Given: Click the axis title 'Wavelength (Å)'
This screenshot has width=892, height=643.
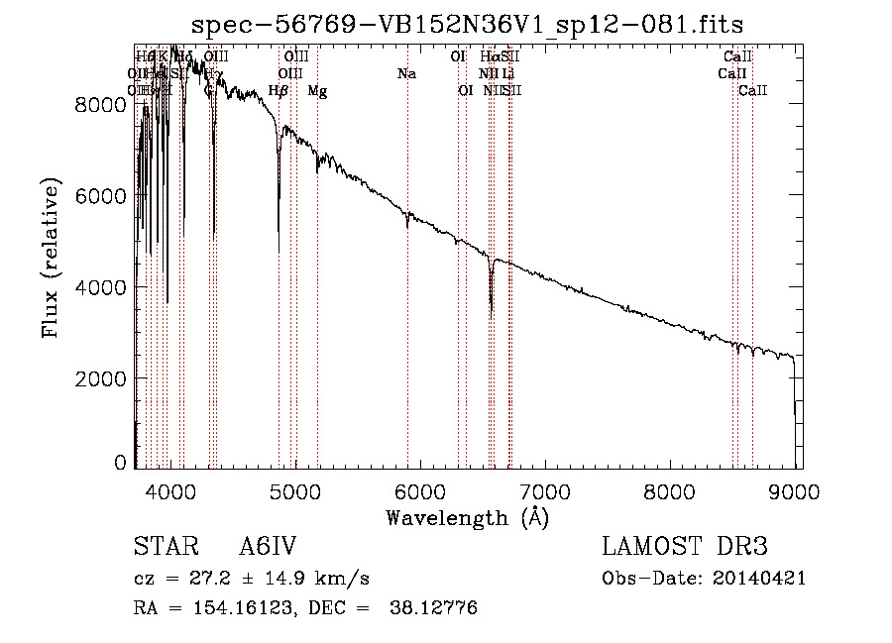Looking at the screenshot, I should click(x=467, y=517).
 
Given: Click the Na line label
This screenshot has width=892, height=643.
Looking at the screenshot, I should click(x=406, y=73).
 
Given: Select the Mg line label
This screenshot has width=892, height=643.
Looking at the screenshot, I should click(x=317, y=91).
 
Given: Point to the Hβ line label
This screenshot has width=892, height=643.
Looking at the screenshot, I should click(x=279, y=91).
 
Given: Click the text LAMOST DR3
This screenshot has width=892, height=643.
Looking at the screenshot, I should click(x=684, y=548).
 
